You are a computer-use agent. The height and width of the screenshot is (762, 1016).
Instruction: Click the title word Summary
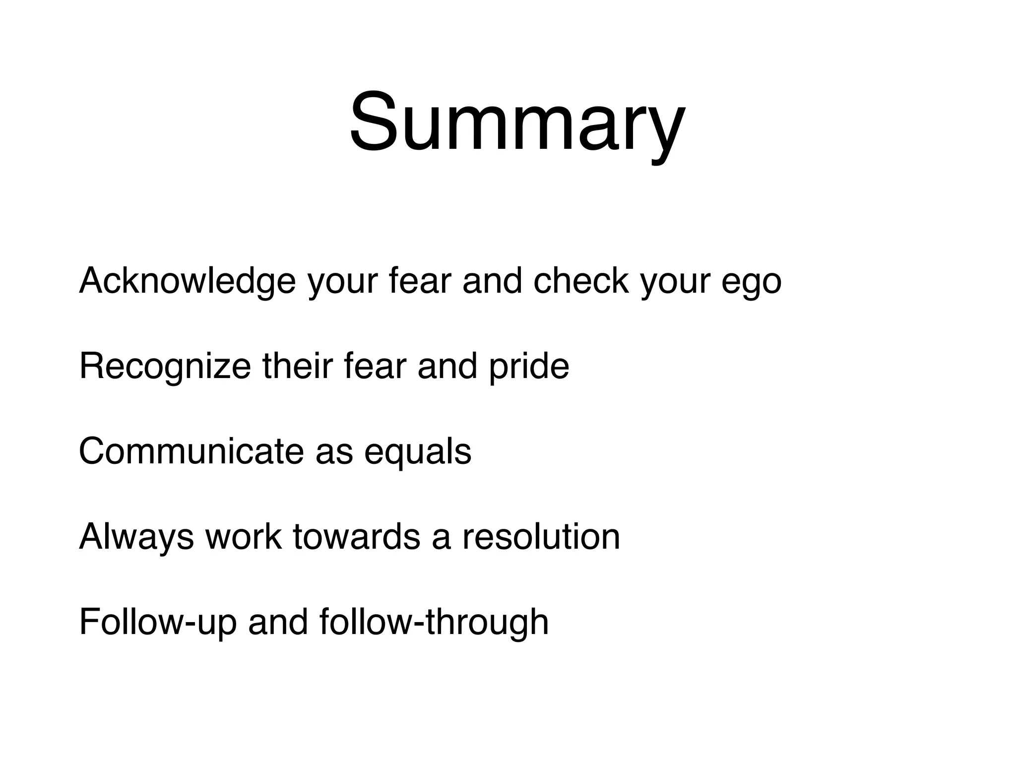pos(517,123)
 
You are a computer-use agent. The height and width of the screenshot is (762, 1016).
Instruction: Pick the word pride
pos(529,367)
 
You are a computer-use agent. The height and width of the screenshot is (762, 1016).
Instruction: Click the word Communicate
pos(191,451)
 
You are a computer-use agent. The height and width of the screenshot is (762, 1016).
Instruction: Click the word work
pos(243,537)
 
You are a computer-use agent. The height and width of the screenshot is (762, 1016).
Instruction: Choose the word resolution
pos(541,537)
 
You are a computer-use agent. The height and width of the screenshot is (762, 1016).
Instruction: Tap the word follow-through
pos(434,622)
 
